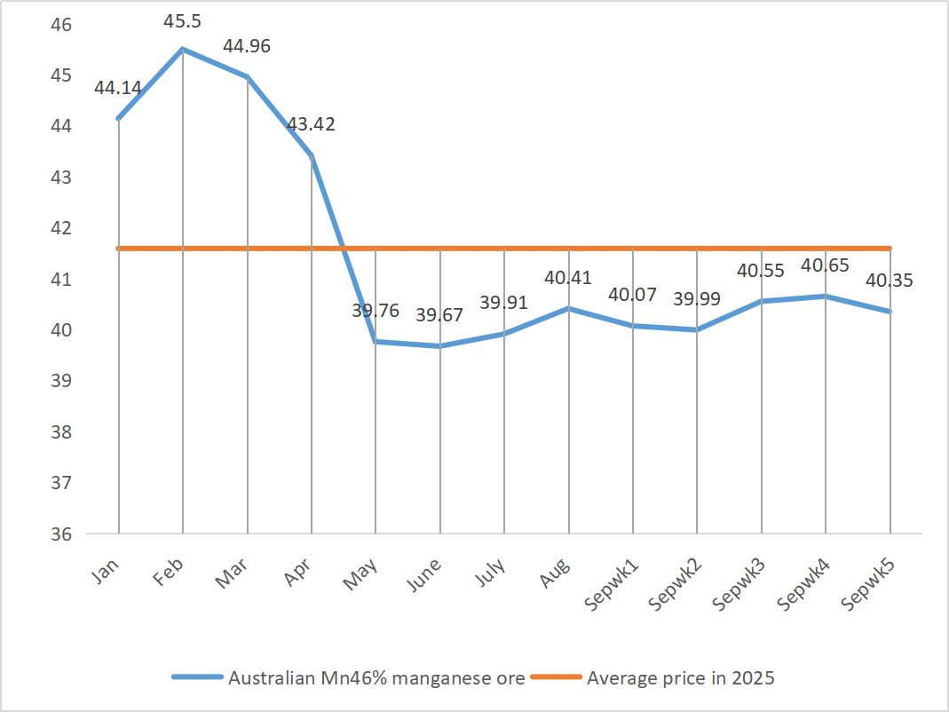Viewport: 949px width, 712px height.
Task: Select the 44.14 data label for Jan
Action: tap(118, 88)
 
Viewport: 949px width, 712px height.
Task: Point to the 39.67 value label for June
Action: tap(439, 314)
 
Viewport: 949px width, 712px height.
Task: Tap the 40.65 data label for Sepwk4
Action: tap(825, 265)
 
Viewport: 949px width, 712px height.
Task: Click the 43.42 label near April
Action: tap(311, 124)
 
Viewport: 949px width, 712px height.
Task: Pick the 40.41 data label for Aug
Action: tap(568, 278)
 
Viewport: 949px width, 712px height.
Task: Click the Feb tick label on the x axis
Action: tap(169, 571)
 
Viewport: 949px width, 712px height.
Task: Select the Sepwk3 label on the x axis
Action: tap(739, 583)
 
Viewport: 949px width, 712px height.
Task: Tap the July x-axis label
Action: tap(490, 574)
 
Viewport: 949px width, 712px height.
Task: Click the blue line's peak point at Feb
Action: tap(183, 49)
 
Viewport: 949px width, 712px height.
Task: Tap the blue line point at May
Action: tap(376, 342)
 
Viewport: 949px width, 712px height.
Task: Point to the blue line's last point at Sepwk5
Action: tap(890, 312)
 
